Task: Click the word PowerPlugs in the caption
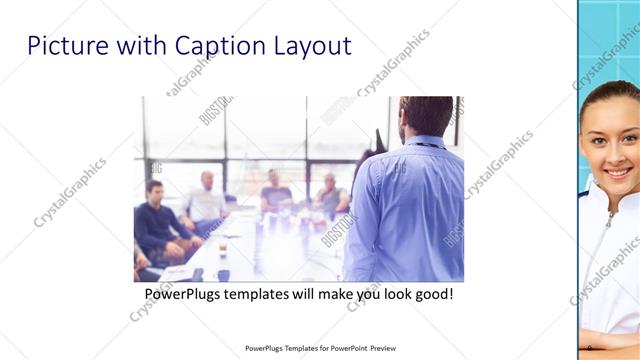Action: (x=186, y=296)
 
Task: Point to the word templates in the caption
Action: (x=265, y=296)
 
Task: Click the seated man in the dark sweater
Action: (x=155, y=220)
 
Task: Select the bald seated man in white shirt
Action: (x=206, y=200)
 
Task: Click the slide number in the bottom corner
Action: (x=591, y=347)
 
